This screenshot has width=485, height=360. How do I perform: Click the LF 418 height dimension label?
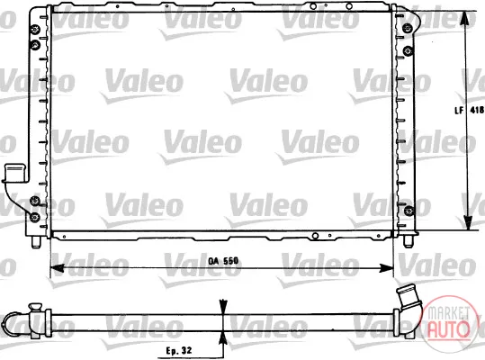point(469,110)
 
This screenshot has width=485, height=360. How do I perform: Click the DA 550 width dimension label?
point(223,261)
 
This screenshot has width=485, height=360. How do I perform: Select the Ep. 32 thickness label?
point(179,350)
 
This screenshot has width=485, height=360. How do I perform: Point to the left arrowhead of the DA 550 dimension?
point(57,268)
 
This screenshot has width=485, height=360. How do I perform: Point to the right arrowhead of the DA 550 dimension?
point(387,268)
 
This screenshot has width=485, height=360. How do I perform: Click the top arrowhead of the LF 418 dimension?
point(463,19)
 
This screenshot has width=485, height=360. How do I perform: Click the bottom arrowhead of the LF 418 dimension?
point(468,222)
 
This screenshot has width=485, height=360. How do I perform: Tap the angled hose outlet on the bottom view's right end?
point(408,299)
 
